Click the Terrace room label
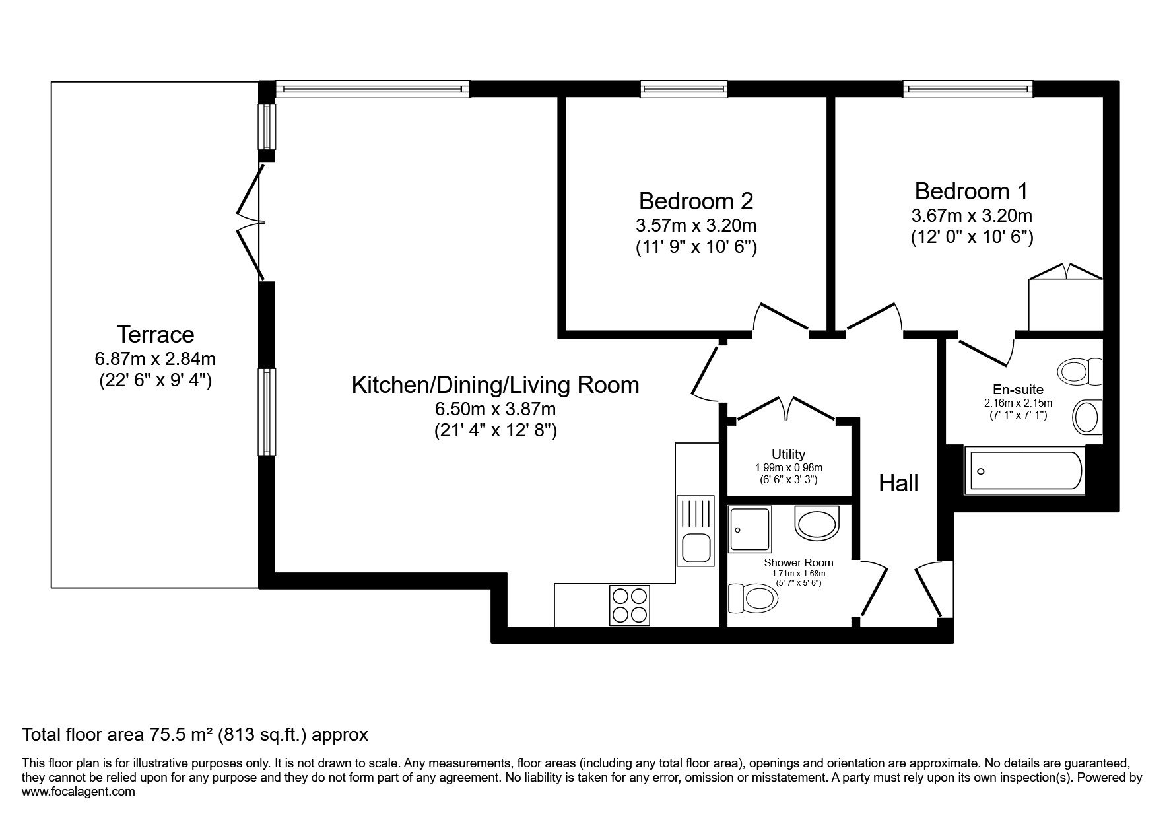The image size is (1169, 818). [155, 335]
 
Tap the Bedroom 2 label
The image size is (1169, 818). [696, 200]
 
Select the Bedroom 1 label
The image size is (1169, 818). [971, 191]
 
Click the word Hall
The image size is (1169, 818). [898, 483]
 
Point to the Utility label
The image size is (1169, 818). [788, 454]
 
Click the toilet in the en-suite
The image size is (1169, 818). [1081, 372]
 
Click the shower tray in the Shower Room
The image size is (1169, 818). [749, 530]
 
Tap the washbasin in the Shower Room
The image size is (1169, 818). [817, 524]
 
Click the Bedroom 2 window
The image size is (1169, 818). [684, 88]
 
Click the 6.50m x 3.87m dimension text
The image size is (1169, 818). [495, 409]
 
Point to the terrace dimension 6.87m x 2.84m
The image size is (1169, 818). [155, 359]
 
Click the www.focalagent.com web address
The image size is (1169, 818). [79, 792]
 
